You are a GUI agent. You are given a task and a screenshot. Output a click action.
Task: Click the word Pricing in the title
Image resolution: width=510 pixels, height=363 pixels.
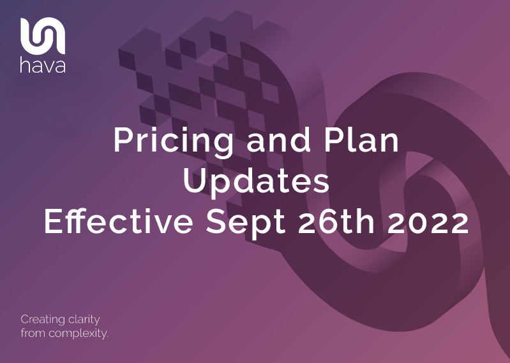pos(173,141)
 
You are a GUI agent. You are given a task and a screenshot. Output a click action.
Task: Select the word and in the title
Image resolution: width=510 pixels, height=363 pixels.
pos(278,140)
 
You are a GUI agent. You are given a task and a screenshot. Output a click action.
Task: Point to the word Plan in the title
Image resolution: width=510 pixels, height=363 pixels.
pos(361,140)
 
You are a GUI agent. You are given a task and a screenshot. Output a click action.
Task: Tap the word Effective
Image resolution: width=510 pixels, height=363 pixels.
pos(119,220)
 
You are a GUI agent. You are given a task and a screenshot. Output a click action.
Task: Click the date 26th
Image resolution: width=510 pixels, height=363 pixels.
pos(336,220)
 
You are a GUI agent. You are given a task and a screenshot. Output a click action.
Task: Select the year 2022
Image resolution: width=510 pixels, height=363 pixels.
pos(428,221)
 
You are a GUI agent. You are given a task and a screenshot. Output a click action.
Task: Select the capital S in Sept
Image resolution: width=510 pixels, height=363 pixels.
pos(216,221)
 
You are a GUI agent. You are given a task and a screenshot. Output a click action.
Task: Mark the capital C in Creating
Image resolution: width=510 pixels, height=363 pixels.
pos(25,320)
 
